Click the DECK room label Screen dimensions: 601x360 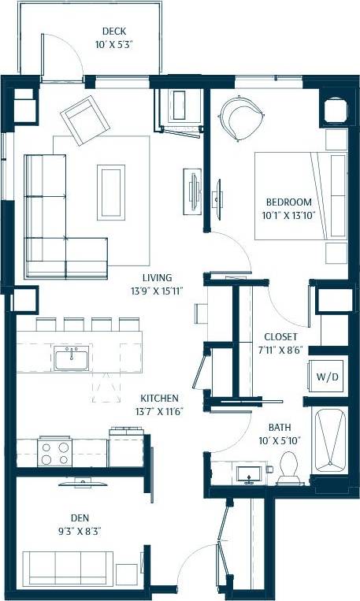pos(114,32)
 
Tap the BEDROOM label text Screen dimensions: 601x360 pos(288,202)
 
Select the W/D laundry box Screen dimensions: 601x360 pos(328,377)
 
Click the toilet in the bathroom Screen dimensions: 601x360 pos(287,470)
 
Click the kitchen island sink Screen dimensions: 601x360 pos(72,360)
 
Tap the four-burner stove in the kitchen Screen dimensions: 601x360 pos(55,454)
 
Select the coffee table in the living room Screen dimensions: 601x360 pos(111,191)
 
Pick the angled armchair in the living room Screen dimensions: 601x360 pos(85,121)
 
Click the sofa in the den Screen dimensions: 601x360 pos(66,567)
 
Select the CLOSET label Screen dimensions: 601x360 pos(281,336)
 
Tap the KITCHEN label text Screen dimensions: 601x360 pos(159,399)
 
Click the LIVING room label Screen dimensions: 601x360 pos(158,277)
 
